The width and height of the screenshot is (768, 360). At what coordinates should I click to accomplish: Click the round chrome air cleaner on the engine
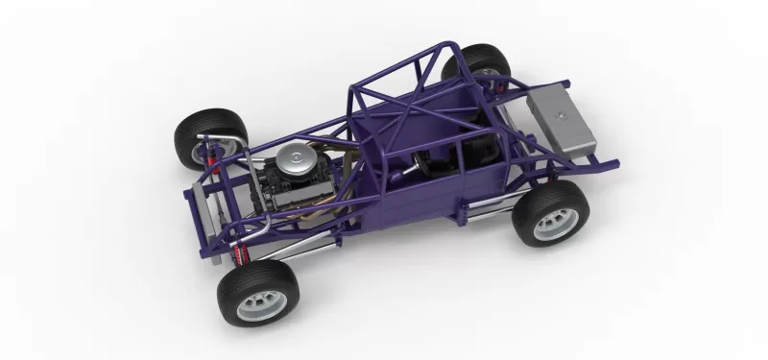pyautogui.click(x=297, y=156)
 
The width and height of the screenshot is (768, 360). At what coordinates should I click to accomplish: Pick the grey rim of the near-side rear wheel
pyautogui.click(x=553, y=222)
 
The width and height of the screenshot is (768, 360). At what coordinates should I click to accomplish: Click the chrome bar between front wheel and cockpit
pyautogui.click(x=298, y=247)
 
